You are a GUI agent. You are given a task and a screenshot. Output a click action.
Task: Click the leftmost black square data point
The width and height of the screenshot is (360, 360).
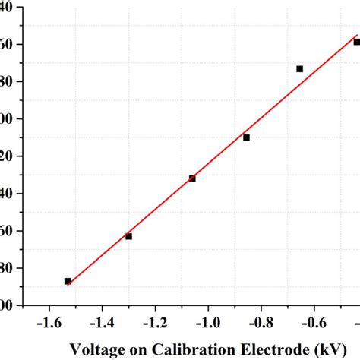coord(68,281)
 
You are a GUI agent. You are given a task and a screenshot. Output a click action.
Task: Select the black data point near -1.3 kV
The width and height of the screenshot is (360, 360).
coord(128,236)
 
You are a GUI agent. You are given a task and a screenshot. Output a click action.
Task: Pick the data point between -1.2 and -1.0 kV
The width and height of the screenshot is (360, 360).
coord(192,178)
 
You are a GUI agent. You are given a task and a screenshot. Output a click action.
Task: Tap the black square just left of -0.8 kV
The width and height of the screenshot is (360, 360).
coord(246,137)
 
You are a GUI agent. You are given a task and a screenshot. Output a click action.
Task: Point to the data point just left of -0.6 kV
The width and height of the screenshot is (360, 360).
coord(299,69)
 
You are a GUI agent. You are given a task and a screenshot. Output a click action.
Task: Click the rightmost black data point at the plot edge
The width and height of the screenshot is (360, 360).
coord(356,43)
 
